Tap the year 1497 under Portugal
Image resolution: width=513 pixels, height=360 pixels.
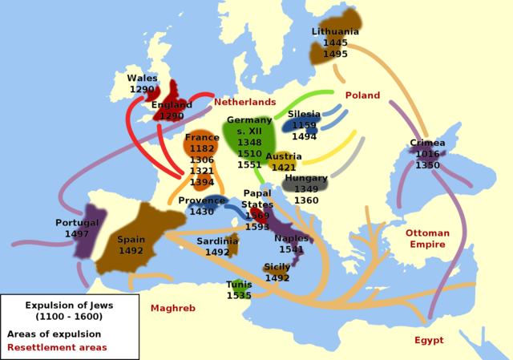coord(77,233)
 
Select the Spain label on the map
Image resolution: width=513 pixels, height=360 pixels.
coord(131,239)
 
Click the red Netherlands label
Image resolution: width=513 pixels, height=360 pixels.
coord(244,103)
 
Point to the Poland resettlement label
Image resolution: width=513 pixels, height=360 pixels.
coord(362,95)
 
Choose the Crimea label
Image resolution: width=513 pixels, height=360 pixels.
coord(427,144)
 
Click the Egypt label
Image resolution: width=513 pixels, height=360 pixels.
coord(429,340)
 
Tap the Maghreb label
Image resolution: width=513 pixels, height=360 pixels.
coord(173,308)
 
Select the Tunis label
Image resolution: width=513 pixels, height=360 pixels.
coord(239,285)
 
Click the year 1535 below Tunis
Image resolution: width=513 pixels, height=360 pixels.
coord(239,295)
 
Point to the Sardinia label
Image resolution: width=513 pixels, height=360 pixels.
coord(217,241)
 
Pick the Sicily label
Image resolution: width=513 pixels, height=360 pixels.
coord(277,267)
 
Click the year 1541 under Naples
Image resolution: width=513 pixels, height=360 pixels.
coord(291,249)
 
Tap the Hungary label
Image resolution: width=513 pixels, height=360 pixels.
coord(306,178)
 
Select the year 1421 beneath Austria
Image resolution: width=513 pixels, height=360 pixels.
coord(284,168)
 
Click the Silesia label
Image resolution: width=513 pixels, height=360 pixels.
coord(304,115)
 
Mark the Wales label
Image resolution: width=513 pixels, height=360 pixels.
coord(143,79)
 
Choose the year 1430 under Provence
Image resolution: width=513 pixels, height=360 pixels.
coord(201,212)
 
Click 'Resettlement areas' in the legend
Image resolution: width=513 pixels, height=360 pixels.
coord(57,347)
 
